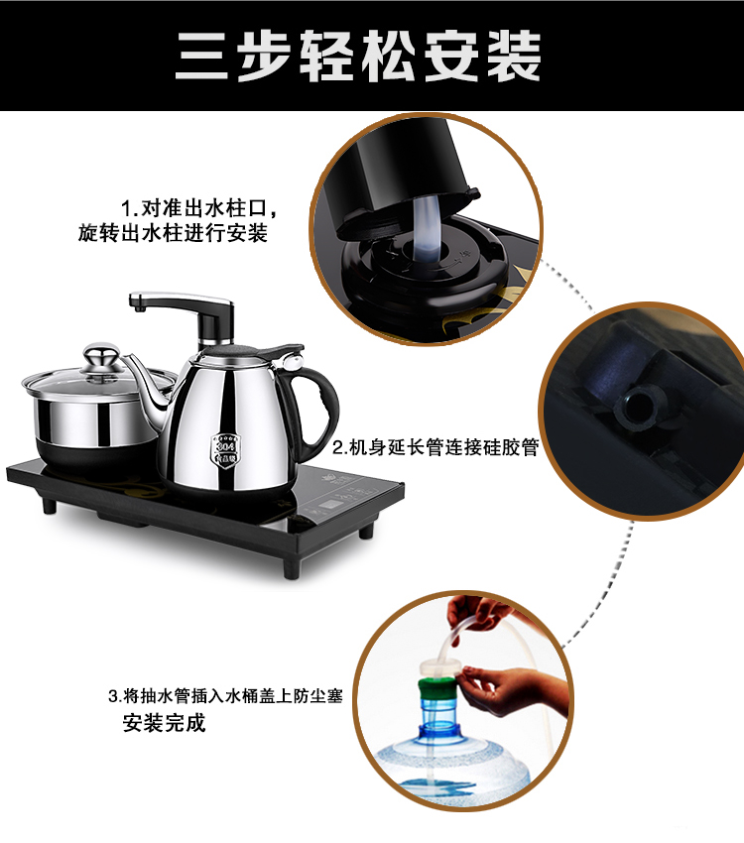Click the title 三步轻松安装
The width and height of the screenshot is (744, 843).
point(358,57)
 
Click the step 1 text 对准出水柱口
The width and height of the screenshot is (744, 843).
point(203,208)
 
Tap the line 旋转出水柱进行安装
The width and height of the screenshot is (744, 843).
point(173,233)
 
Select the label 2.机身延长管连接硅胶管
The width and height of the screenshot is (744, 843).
point(435,446)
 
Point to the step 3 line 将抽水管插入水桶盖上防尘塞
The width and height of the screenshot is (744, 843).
point(232,695)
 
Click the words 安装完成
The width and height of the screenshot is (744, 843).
point(164,723)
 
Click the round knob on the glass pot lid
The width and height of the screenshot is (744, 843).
point(101,355)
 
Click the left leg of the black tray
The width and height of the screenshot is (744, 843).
point(49,506)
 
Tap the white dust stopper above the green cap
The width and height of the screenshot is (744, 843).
point(439,669)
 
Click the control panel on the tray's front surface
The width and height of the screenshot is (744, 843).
point(343,501)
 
